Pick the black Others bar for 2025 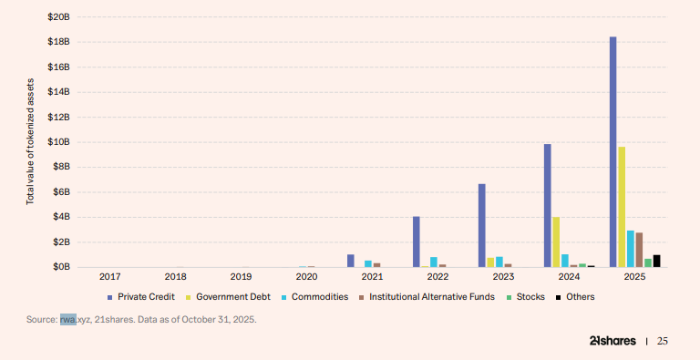656,261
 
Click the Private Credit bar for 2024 547,205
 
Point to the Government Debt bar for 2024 556,242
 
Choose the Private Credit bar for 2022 416,242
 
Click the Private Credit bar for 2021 350,261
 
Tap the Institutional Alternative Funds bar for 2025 639,250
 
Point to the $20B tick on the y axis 57,17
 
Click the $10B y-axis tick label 57,142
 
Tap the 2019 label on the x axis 241,276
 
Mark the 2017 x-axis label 109,276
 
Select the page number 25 663,341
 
